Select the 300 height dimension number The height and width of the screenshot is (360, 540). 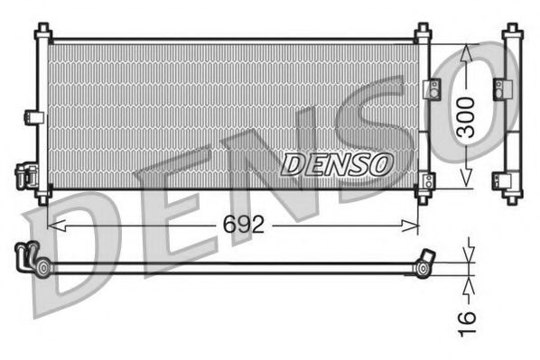(x=466, y=116)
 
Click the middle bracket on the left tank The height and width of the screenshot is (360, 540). (x=33, y=116)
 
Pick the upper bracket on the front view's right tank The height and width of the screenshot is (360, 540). (x=431, y=88)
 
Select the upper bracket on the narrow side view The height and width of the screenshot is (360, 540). (x=499, y=88)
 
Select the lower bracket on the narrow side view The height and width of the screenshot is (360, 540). (x=499, y=180)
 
